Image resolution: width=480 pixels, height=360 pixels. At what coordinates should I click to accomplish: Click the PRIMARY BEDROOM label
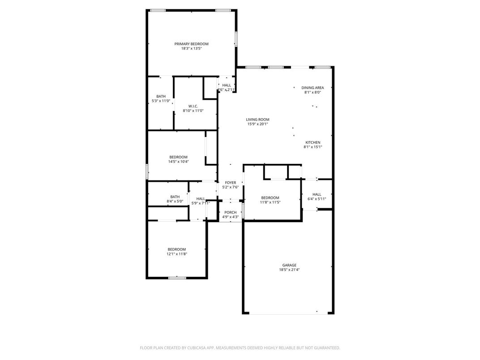click(191, 44)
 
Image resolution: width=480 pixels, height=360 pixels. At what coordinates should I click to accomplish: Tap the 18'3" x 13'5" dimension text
click(191, 48)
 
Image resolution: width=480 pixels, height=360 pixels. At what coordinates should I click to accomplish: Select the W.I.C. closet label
click(193, 106)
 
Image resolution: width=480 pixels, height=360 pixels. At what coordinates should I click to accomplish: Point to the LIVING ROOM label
click(258, 120)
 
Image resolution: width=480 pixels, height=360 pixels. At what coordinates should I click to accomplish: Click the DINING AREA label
click(313, 88)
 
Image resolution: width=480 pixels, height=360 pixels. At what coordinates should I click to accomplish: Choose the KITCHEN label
click(313, 142)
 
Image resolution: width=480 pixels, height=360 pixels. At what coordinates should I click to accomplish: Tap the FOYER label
click(231, 183)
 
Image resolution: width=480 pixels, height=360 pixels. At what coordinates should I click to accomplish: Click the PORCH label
click(231, 212)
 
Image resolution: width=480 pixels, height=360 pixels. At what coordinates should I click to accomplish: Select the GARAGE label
click(289, 265)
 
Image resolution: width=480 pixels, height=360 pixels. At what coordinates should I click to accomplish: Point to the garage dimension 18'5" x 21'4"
click(289, 270)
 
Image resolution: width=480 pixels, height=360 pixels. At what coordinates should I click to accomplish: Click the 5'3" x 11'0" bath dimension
click(161, 101)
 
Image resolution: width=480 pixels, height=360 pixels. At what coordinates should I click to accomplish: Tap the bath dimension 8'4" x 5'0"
click(175, 201)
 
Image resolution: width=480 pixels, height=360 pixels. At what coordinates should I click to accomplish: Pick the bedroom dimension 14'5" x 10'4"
click(179, 162)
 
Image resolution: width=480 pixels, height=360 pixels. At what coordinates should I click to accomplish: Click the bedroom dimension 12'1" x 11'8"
click(176, 254)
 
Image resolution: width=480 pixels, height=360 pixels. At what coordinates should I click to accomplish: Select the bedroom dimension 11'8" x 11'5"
click(270, 202)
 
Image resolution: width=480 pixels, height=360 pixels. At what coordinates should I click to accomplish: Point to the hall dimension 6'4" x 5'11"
click(317, 199)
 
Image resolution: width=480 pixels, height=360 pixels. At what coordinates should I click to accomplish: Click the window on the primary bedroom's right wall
click(236, 39)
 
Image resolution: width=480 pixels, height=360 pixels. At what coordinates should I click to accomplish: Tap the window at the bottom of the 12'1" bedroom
click(177, 278)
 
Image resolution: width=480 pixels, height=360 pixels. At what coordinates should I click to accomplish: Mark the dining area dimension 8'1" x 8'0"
click(313, 92)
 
